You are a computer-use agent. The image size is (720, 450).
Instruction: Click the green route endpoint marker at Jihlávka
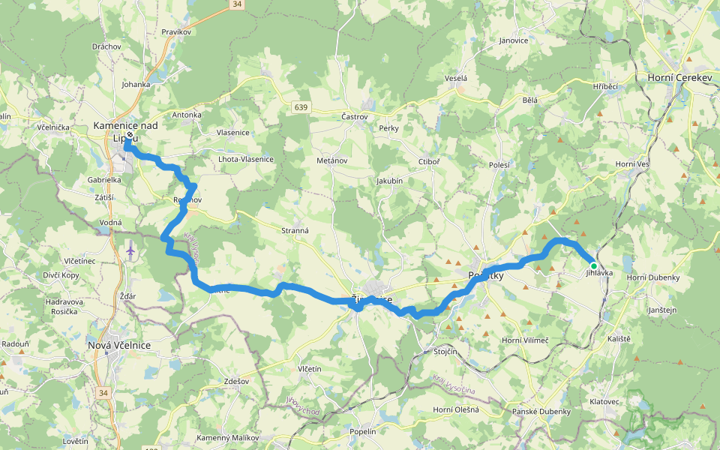pos(593,265)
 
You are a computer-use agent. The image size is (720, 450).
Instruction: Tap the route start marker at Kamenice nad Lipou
pos(129,136)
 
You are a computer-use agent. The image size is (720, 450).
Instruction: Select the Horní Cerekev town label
pos(679,77)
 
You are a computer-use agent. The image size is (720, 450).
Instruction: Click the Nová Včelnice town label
pos(119,344)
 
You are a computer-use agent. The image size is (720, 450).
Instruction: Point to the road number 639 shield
pos(301,109)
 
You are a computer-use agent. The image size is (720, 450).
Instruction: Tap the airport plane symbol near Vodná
pos(131,249)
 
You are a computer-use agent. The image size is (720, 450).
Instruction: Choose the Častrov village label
pos(354,117)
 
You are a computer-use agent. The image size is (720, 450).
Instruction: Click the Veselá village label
pos(455,78)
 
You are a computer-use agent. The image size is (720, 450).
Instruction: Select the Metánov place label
pos(331,160)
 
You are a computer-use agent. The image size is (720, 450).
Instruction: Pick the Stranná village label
pos(295,230)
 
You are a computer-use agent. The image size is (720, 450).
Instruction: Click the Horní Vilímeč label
pos(525,340)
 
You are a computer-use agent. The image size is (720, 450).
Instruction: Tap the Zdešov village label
pos(236,381)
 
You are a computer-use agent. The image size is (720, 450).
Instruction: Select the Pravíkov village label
pos(178,32)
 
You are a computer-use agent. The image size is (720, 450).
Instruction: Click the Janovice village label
pos(514,40)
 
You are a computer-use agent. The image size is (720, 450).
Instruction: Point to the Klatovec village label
pos(604,402)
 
